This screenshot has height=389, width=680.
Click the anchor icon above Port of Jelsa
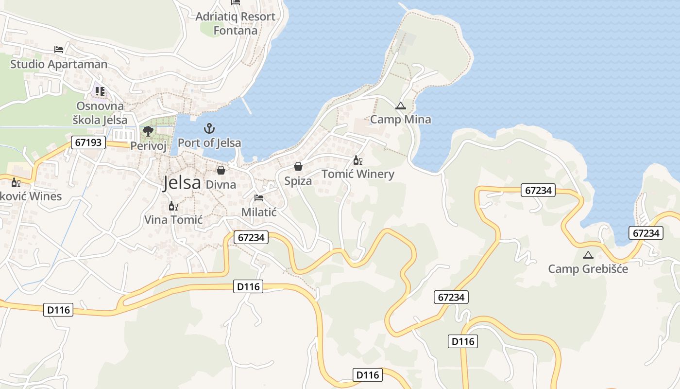point(209,129)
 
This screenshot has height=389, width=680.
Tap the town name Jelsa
point(182,183)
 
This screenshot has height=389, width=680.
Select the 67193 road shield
point(88,142)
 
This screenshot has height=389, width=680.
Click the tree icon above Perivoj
point(148,131)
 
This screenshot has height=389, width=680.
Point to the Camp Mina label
point(400,119)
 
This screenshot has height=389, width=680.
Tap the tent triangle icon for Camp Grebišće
point(588,255)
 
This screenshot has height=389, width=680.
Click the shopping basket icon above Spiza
point(298,166)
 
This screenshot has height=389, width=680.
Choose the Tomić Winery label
point(358,174)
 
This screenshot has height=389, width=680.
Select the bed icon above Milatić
point(259,198)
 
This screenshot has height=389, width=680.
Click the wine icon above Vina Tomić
point(173,206)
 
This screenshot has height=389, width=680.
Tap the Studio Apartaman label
point(59,64)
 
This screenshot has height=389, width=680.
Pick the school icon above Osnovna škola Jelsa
point(100,91)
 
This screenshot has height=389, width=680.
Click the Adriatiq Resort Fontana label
point(236,23)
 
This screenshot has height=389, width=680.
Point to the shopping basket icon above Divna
point(221,170)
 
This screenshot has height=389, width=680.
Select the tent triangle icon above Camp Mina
point(400,106)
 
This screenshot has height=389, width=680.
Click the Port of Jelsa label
point(209,143)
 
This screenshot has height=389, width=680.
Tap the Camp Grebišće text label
point(588,268)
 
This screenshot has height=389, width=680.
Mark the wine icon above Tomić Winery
point(358,160)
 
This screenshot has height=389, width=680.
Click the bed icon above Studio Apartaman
point(59,50)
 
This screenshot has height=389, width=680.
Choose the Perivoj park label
point(148,145)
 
